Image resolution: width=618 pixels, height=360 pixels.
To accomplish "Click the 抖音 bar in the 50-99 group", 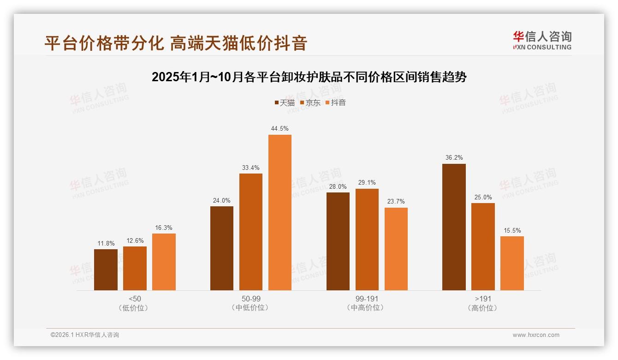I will (x=280, y=212).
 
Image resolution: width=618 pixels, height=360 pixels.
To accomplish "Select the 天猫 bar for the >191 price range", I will (x=454, y=227).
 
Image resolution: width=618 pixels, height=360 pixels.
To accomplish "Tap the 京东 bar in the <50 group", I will (x=135, y=268).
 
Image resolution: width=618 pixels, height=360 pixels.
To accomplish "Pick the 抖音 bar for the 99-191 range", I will (x=396, y=249).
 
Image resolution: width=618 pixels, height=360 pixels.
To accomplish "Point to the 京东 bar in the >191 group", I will (x=483, y=246).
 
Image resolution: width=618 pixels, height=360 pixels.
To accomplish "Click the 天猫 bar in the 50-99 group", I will (x=222, y=248).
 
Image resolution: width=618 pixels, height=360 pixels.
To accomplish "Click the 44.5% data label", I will (x=280, y=128).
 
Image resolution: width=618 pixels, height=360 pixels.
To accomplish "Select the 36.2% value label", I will (x=454, y=157).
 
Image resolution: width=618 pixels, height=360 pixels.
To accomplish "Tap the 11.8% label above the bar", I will (x=106, y=243).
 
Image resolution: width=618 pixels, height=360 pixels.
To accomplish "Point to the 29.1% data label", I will (x=367, y=182).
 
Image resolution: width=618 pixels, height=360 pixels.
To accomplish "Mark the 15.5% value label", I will (x=512, y=230).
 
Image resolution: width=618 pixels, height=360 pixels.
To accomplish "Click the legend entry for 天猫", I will (x=285, y=102).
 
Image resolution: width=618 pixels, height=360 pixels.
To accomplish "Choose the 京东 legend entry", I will (x=310, y=102).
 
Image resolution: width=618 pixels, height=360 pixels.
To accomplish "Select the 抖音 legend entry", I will (x=336, y=102).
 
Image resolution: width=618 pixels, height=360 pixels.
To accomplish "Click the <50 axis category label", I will (x=135, y=299).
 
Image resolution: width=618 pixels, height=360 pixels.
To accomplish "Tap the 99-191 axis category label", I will (x=367, y=299).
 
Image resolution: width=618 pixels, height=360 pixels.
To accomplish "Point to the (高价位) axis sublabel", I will (x=483, y=308).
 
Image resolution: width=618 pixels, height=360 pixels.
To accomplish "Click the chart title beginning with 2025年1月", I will (x=309, y=77).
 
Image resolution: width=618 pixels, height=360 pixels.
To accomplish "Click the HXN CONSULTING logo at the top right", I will (x=542, y=41).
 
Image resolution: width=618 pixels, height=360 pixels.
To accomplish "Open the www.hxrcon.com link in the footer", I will (x=536, y=335).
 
